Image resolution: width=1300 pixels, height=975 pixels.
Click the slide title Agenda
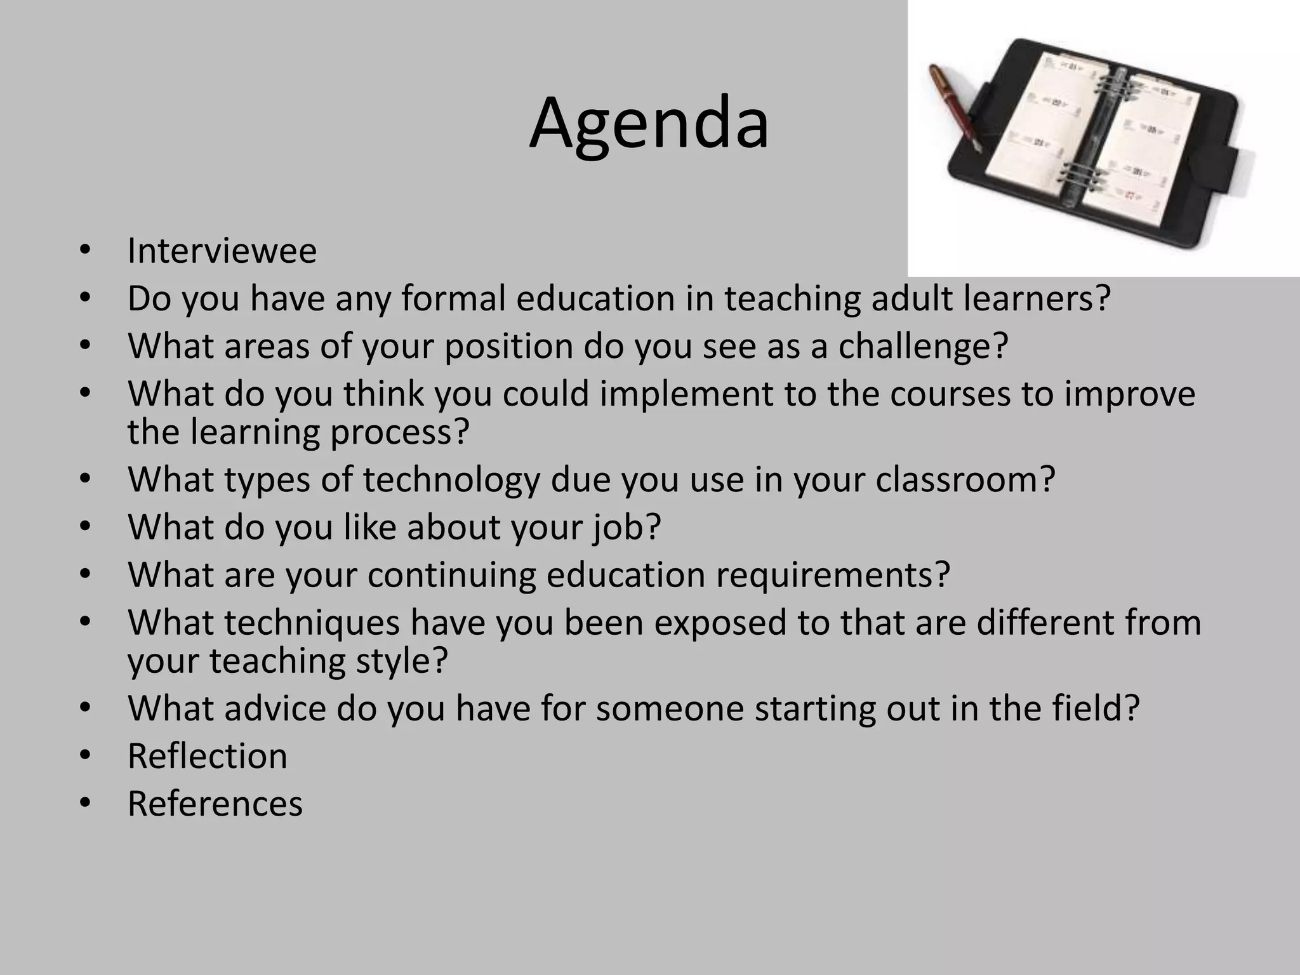pos(649,123)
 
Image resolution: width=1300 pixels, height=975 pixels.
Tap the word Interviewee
pos(222,251)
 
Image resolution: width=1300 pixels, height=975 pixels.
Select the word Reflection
pos(207,756)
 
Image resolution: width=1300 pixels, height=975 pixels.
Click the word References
pos(215,804)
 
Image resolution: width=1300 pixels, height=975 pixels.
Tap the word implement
pos(686,394)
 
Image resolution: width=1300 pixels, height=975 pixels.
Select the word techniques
pos(311,623)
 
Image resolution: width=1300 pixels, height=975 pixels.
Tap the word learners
pos(1037,298)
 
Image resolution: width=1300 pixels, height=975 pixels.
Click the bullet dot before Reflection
pos(86,756)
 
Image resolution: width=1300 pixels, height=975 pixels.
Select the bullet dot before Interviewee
pos(86,251)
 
